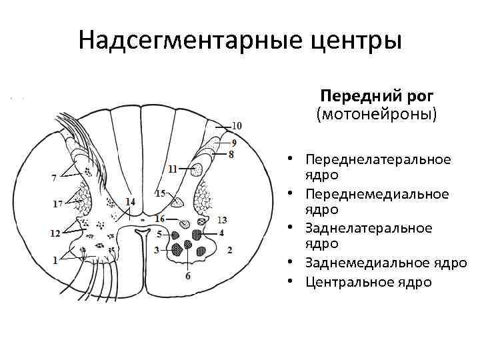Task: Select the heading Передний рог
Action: (377, 95)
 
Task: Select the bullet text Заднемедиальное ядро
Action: (386, 263)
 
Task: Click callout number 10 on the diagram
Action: (237, 125)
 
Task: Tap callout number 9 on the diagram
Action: (233, 142)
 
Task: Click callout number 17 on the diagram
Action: (58, 203)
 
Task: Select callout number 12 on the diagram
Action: (55, 233)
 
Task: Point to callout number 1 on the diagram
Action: (55, 260)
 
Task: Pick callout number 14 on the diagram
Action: (129, 201)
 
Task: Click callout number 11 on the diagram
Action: (173, 169)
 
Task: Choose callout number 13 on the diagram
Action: (223, 220)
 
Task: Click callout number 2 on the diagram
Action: (229, 250)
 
